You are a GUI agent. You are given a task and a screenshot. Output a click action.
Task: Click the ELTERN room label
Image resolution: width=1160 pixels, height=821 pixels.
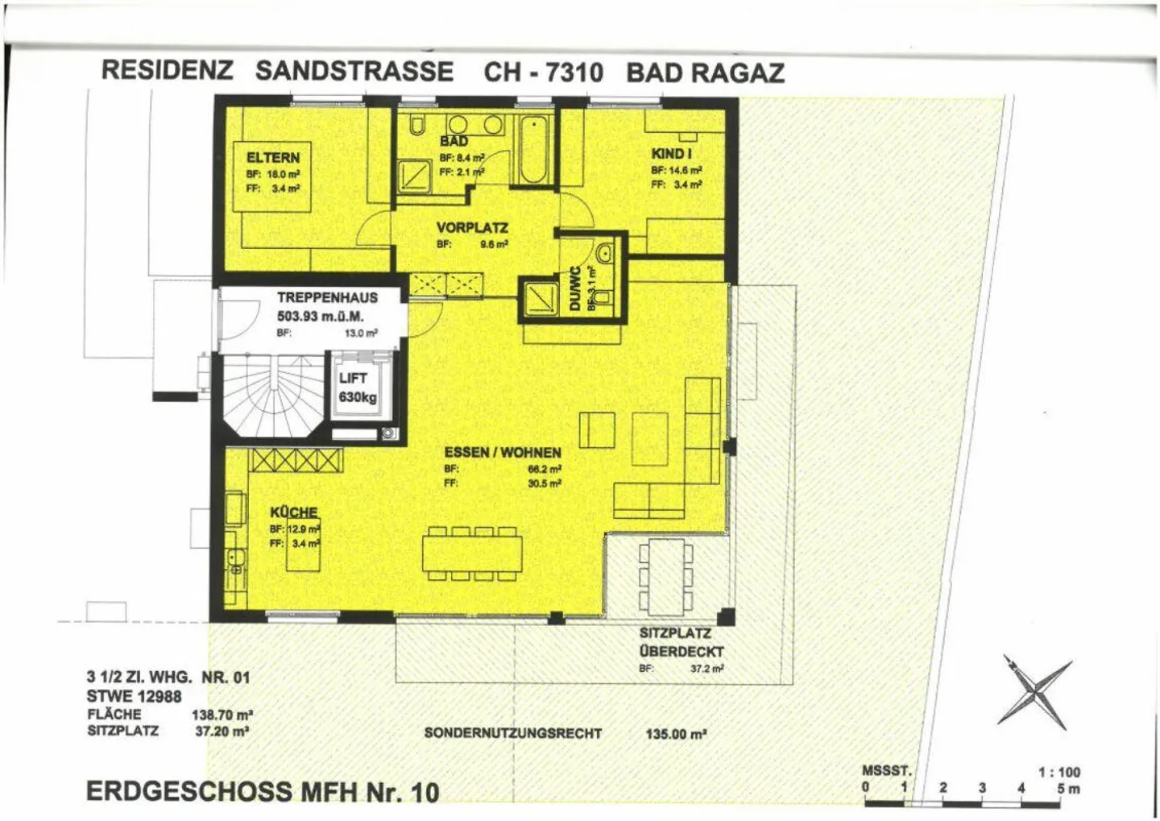point(273,158)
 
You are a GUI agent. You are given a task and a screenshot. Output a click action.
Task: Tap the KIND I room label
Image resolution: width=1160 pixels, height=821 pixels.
point(672,154)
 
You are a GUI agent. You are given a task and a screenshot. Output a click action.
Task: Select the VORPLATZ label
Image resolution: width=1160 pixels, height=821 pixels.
point(472,228)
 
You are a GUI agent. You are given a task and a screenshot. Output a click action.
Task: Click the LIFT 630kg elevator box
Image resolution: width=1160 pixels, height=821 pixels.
point(357,388)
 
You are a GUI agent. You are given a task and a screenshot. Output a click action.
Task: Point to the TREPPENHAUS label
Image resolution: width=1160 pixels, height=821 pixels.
point(327,297)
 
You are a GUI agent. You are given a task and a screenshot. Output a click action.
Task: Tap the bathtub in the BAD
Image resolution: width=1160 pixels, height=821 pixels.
point(534,151)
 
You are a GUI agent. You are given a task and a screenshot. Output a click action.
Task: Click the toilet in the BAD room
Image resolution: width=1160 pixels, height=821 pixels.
point(416,126)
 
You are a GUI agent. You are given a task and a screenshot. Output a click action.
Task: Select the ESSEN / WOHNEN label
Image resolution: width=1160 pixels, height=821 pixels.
point(503,453)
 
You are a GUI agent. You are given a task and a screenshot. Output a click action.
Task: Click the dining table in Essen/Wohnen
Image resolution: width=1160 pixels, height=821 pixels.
point(472,554)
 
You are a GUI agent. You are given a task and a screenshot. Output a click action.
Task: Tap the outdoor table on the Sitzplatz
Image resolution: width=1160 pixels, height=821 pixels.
point(665,576)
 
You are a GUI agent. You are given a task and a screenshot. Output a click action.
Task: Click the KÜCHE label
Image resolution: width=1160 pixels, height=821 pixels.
point(294,512)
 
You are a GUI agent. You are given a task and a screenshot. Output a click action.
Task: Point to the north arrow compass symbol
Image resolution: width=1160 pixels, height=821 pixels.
point(1036,691)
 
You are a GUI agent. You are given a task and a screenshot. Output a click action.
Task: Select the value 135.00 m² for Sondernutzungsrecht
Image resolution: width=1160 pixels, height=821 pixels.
point(676,734)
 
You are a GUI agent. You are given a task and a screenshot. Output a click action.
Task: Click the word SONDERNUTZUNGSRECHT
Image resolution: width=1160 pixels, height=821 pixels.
point(512,733)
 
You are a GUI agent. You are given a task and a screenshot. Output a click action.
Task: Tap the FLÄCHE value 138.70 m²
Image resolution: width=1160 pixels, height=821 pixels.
point(222,715)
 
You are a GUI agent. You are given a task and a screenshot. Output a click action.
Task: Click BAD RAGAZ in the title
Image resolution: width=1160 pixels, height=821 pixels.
point(705,73)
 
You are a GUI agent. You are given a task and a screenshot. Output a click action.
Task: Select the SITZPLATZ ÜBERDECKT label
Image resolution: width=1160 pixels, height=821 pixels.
point(681,643)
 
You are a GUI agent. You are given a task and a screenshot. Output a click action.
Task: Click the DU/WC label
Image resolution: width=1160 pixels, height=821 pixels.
point(574,288)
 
